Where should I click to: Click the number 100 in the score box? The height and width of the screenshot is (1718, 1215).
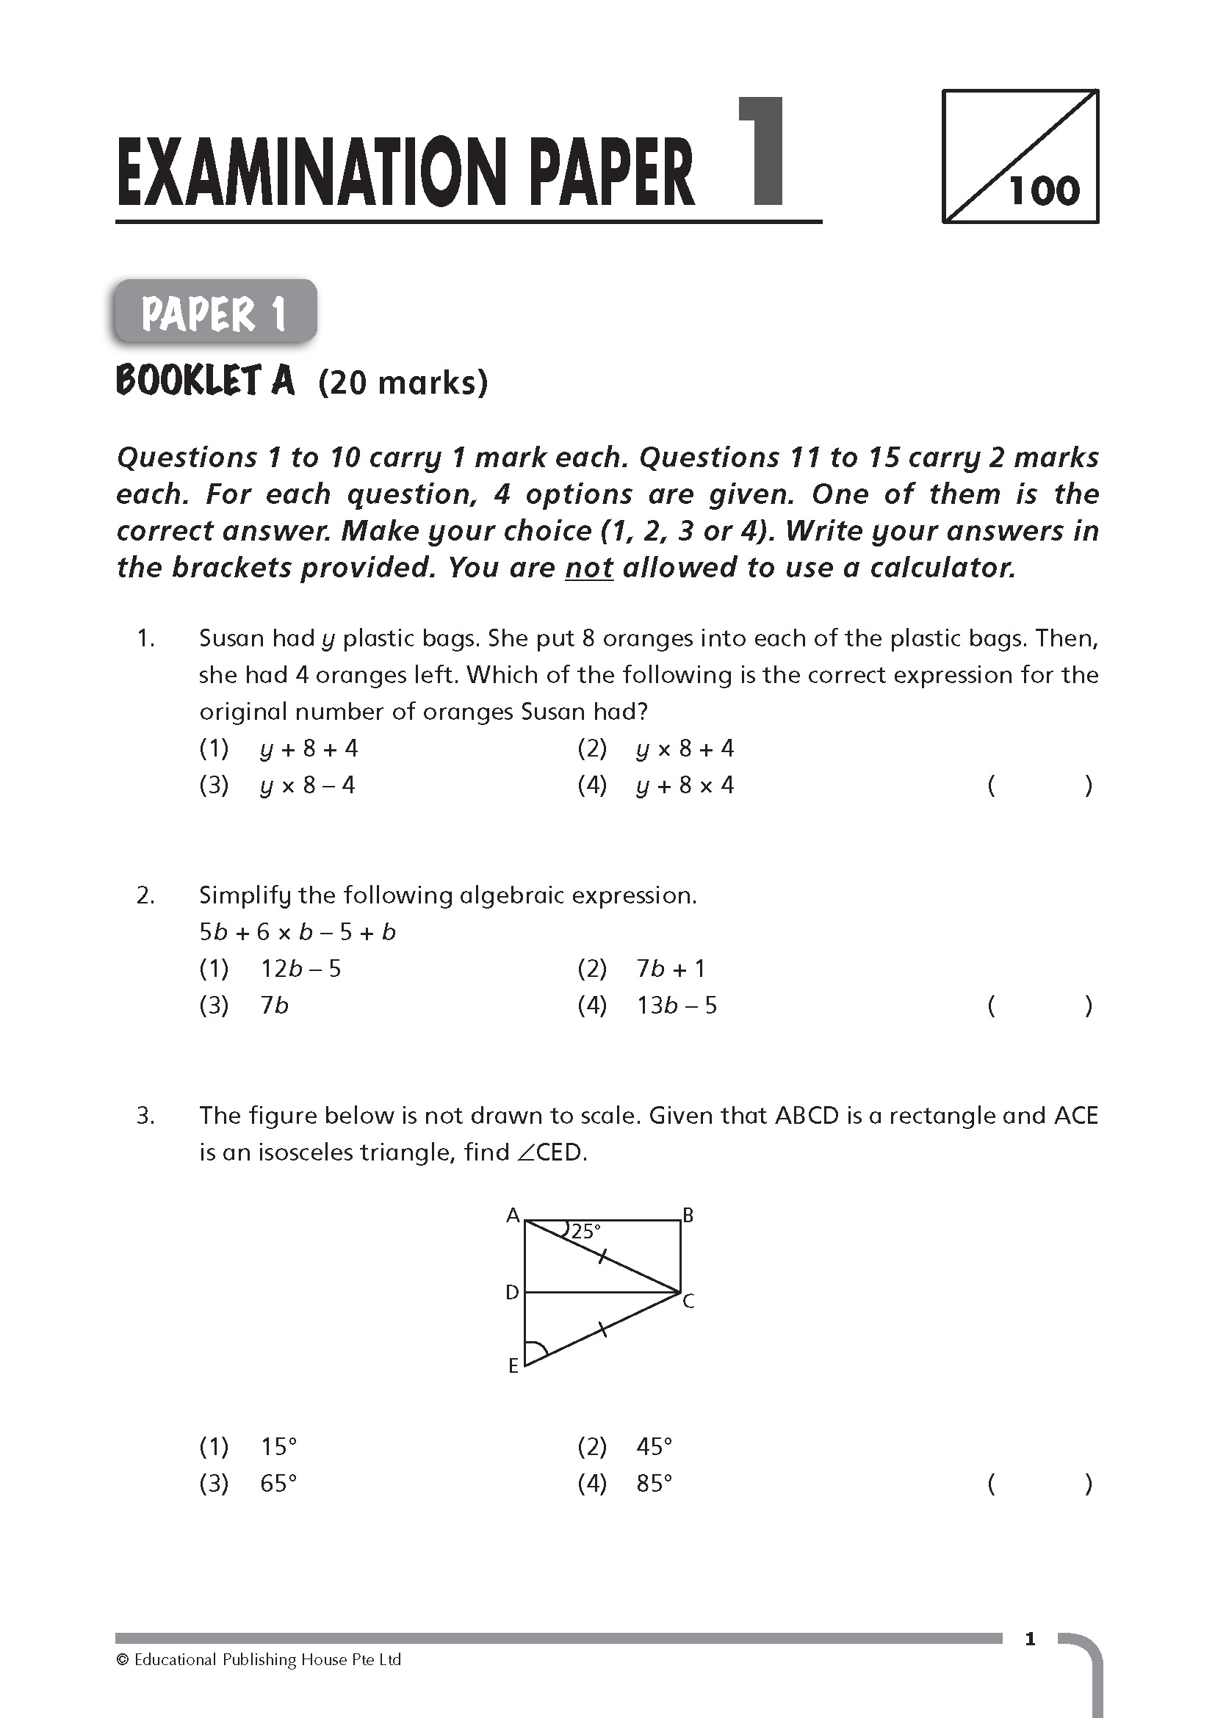(1045, 191)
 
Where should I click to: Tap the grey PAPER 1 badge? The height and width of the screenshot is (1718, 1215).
(214, 313)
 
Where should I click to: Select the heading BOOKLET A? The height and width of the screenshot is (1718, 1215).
(206, 381)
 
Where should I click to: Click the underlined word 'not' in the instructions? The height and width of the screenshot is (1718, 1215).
(589, 568)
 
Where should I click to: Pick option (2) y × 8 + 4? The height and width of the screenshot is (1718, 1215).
(685, 748)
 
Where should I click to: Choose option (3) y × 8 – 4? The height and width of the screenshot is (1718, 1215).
(308, 785)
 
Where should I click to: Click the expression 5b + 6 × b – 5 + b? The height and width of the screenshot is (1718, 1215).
(297, 931)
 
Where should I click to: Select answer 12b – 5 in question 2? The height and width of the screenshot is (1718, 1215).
(300, 968)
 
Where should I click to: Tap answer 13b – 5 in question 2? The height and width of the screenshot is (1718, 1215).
(677, 1005)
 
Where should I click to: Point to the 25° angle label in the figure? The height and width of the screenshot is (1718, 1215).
(585, 1231)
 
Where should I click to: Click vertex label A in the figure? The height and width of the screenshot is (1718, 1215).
(513, 1215)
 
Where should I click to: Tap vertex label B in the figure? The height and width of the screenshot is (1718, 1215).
(688, 1215)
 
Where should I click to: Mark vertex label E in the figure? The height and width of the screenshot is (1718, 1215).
(513, 1366)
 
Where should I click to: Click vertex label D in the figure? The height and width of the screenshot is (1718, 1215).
(512, 1292)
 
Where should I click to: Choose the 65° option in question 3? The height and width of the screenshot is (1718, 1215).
(278, 1483)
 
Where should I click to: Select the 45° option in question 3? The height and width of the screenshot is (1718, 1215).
(654, 1446)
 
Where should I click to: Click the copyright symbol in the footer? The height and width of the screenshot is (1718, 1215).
(123, 1661)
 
